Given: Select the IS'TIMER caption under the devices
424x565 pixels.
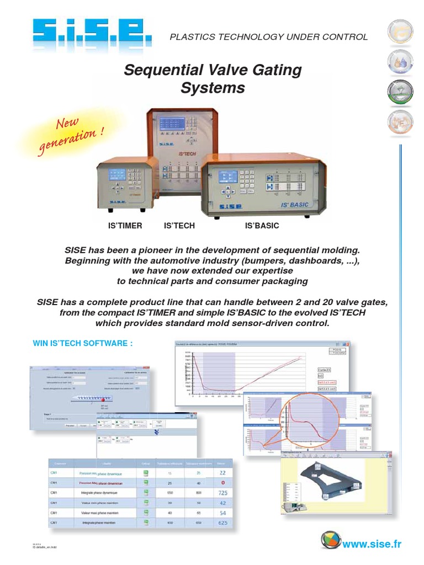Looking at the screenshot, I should point(125,226).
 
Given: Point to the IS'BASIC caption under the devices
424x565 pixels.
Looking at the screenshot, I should point(262,226).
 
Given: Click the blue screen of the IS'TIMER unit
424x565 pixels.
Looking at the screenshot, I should point(116,174).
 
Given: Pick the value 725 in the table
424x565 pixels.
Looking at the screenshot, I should point(223,492).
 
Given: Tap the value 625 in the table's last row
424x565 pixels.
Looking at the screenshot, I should point(223,523).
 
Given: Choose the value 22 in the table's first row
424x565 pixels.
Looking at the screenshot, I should point(223,472).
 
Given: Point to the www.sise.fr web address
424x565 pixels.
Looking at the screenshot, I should point(372,545).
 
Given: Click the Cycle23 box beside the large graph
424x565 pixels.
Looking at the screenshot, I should point(324,370).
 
